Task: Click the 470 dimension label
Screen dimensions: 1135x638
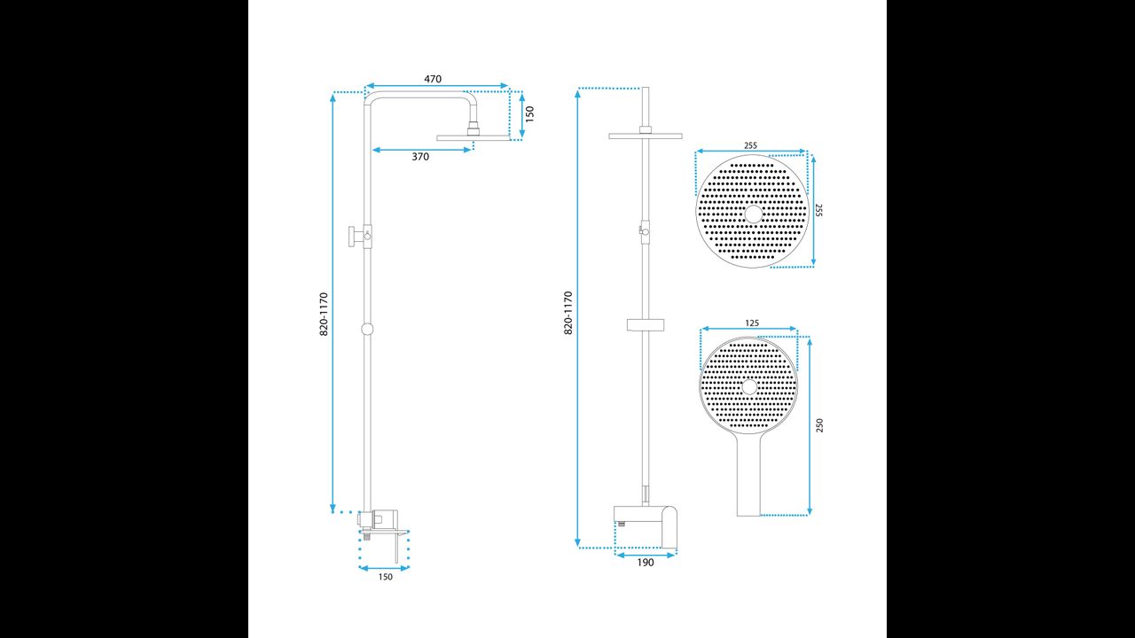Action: pos(433,79)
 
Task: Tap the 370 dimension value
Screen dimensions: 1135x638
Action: pos(420,157)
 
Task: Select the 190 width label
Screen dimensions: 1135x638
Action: pos(646,563)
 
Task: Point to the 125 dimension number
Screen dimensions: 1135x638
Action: pos(752,323)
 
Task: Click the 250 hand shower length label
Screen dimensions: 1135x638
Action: pos(820,425)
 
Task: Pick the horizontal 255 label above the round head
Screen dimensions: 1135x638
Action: pos(750,145)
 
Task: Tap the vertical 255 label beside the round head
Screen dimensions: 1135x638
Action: pos(818,210)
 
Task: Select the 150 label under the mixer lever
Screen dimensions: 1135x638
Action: pos(385,577)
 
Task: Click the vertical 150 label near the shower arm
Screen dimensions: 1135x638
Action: pos(530,114)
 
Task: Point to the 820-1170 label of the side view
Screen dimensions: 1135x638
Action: pos(324,314)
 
